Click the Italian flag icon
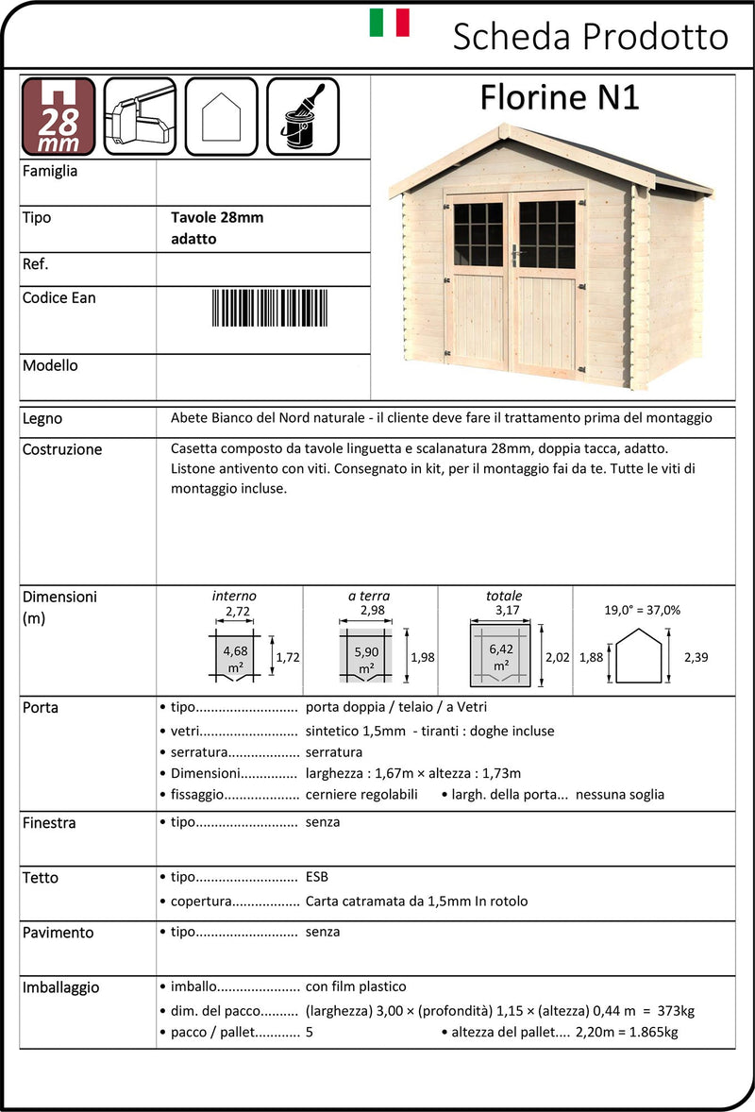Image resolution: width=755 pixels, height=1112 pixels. (x=389, y=23)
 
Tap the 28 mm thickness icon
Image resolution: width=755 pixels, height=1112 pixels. (x=59, y=116)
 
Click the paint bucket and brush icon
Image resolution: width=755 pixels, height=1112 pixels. (x=303, y=116)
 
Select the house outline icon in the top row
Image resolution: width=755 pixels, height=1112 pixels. (x=222, y=116)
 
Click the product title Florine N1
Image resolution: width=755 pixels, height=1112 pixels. (x=560, y=97)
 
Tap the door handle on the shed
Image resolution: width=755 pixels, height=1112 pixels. (x=515, y=254)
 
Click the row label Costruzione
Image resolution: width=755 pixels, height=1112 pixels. (x=62, y=449)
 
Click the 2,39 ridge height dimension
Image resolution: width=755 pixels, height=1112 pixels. (x=695, y=657)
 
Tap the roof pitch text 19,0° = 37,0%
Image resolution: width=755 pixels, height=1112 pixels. (x=643, y=610)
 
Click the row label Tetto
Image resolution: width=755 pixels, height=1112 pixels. (x=41, y=878)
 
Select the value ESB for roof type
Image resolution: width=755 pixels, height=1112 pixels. (x=317, y=877)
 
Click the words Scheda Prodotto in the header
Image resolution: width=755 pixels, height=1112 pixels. (x=591, y=37)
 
